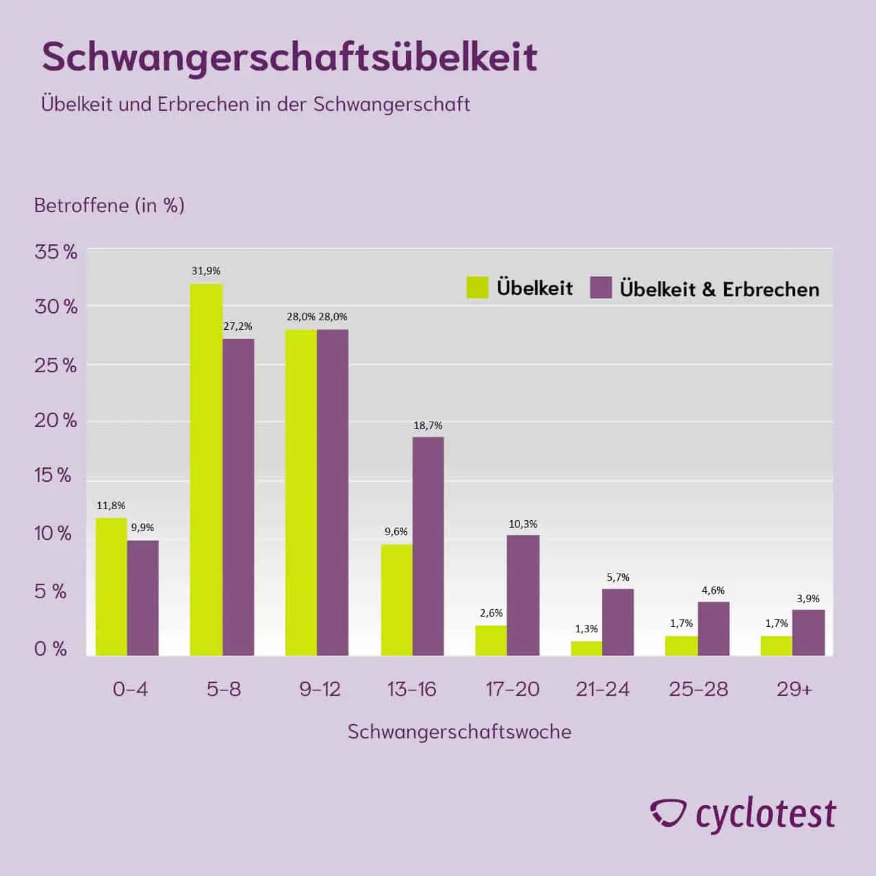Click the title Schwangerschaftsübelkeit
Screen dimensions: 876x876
(289, 57)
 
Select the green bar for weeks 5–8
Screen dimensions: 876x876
(206, 469)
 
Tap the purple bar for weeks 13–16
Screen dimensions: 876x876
(428, 546)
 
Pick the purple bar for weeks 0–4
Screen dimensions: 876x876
(143, 597)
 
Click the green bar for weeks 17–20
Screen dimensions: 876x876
(491, 641)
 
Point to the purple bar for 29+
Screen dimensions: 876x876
(808, 632)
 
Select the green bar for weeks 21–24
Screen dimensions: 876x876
(587, 648)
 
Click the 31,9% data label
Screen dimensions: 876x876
(206, 271)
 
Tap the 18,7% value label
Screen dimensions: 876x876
(428, 426)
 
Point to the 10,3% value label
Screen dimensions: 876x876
(523, 524)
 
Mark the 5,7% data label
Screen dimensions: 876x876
(618, 578)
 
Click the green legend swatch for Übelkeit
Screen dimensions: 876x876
(477, 287)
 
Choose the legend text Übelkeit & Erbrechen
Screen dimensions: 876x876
(719, 289)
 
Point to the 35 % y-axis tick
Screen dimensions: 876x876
(56, 252)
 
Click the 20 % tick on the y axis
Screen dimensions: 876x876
(56, 420)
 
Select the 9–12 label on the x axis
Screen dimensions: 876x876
(320, 689)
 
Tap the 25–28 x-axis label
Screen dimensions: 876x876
(698, 689)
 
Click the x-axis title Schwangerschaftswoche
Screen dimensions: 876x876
(459, 732)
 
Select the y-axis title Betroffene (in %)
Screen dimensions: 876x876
(109, 205)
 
